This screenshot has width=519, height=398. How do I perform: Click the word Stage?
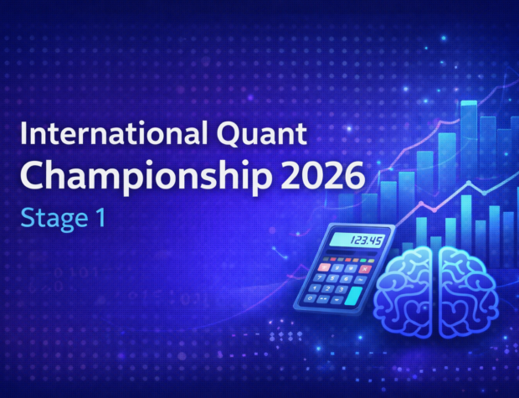tap(50, 220)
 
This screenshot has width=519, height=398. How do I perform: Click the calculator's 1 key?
tap(314, 287)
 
